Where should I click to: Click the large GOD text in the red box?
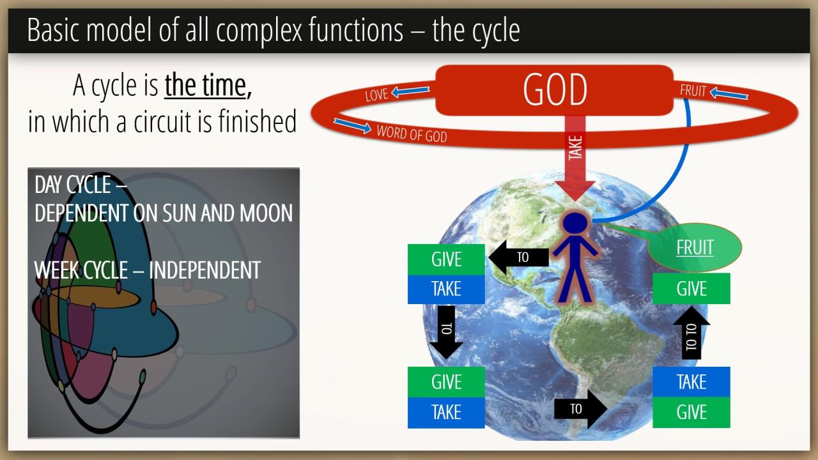(555, 90)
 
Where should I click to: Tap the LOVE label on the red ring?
(376, 95)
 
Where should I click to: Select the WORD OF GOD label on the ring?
(412, 134)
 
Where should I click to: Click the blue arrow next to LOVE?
(410, 91)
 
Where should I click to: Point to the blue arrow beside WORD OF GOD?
(352, 126)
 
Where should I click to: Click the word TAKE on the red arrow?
(575, 148)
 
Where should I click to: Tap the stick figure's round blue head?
(575, 223)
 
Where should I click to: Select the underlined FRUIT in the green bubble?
(695, 247)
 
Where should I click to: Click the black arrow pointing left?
(518, 257)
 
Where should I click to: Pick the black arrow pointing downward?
(446, 332)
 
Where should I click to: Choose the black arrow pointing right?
(581, 409)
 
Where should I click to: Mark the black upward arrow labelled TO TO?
(691, 333)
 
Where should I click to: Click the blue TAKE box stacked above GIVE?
(691, 382)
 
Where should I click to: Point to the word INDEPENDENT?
(205, 270)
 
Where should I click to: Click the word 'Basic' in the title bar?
(53, 30)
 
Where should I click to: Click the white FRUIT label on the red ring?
(693, 91)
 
